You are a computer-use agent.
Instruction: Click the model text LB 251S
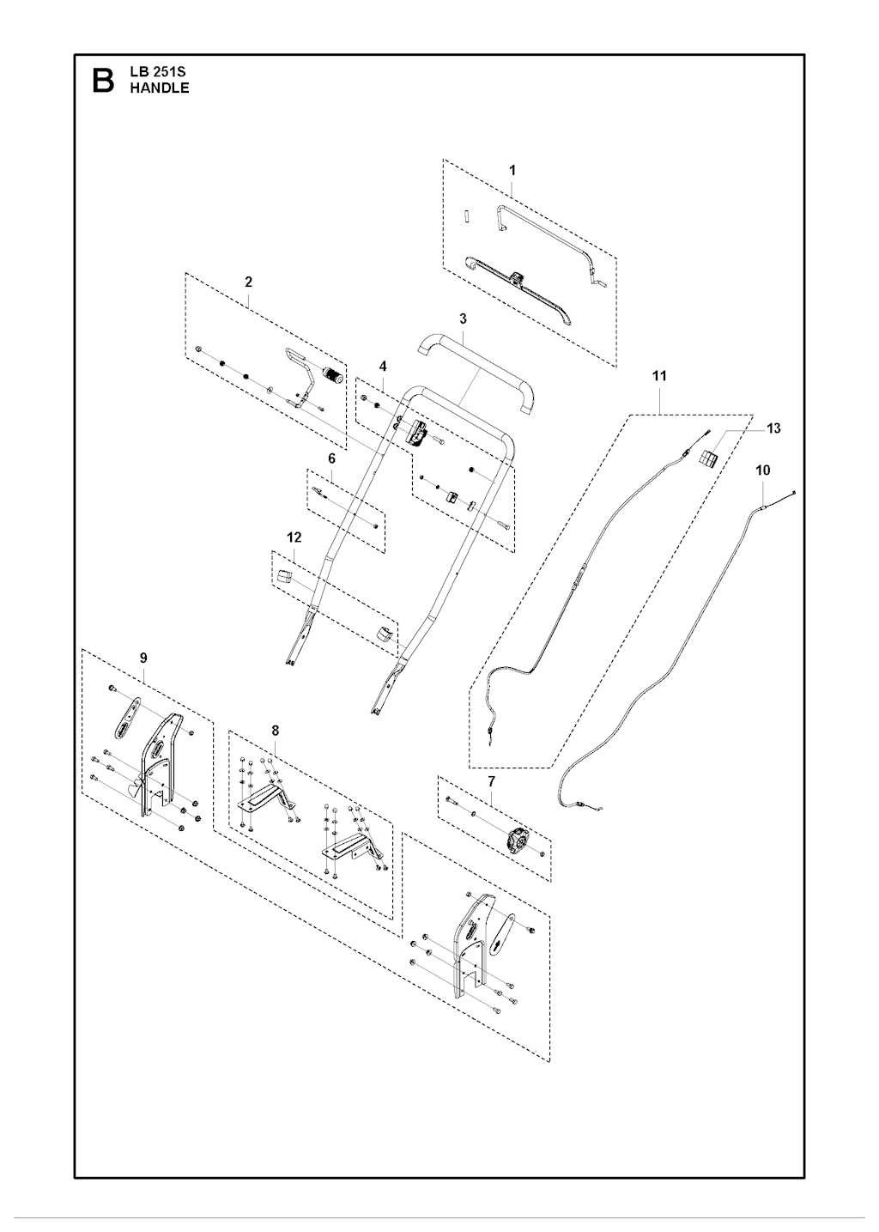click(157, 72)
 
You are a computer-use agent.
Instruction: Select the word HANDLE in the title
click(159, 88)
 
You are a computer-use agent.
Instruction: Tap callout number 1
click(512, 170)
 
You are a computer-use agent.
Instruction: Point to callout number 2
click(248, 282)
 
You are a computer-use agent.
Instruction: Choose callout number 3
click(463, 319)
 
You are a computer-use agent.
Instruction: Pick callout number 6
click(331, 458)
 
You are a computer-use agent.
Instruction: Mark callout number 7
click(491, 780)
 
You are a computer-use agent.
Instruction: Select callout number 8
click(275, 731)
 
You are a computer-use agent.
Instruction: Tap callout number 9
click(143, 658)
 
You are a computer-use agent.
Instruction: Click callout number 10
click(763, 470)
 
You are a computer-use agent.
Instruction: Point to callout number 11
click(659, 375)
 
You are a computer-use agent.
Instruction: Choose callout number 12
click(294, 537)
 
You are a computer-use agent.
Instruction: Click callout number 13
click(773, 428)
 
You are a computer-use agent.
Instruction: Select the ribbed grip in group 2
click(331, 374)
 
